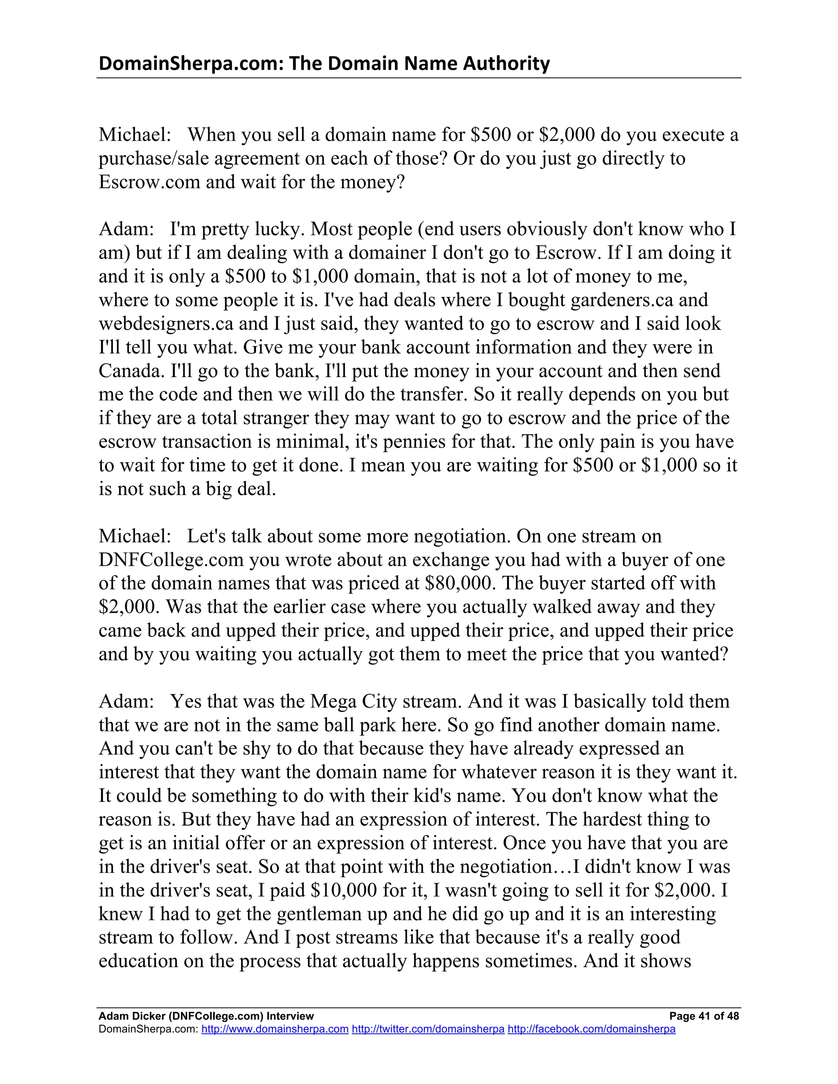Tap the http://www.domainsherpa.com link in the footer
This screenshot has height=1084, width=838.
275,1029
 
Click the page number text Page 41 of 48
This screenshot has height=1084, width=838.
703,1016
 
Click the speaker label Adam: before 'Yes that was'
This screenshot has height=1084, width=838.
126,701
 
